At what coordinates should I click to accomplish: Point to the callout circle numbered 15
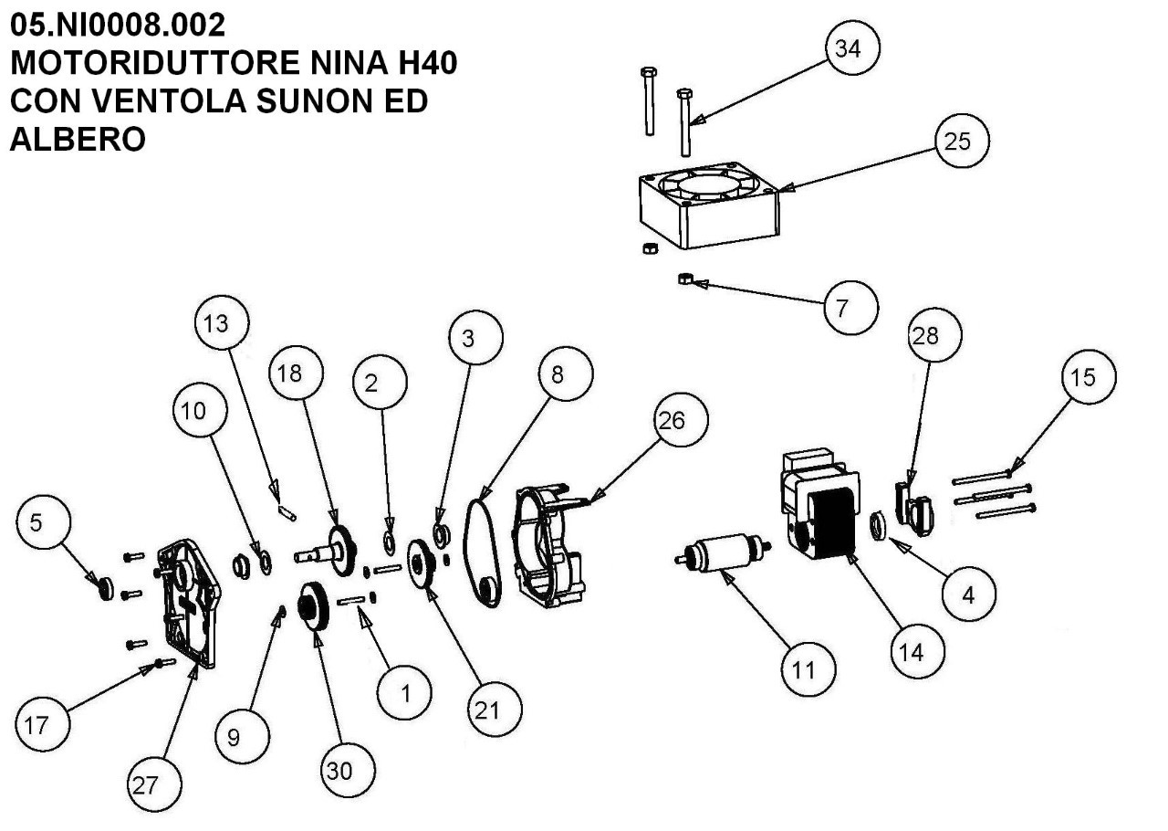click(1088, 377)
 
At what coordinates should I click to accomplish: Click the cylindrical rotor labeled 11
click(723, 552)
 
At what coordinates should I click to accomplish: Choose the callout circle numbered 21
click(495, 709)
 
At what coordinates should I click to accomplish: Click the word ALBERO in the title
click(77, 139)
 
